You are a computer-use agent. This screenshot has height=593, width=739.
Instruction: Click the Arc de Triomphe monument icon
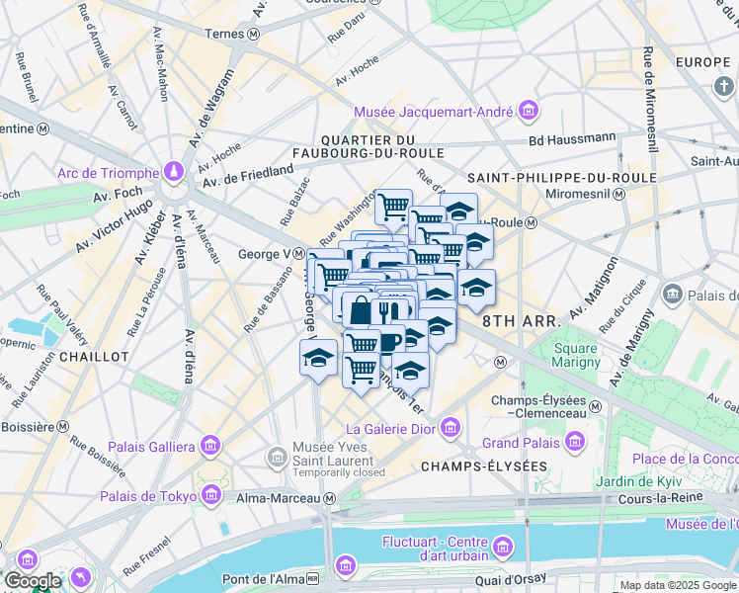pos(174,173)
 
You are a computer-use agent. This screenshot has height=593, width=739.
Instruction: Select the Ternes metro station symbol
pos(254,34)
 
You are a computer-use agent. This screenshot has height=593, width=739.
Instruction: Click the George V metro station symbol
pos(298,254)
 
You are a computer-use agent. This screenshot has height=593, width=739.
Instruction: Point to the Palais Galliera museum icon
pos(209,447)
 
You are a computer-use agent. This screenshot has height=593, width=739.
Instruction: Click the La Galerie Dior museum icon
pos(451,428)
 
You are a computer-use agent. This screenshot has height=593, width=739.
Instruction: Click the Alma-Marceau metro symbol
pos(329,498)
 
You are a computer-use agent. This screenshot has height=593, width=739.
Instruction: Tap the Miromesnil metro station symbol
pos(620,194)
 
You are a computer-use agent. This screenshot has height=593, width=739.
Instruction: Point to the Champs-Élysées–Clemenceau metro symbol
pos(596,406)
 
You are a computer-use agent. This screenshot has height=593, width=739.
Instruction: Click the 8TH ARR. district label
pos(522,322)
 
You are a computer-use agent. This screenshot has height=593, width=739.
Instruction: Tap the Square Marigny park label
pos(576,355)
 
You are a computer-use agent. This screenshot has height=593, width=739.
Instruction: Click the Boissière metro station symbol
pos(62,427)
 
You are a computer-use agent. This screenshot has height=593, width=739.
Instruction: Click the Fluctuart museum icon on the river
pos(503,546)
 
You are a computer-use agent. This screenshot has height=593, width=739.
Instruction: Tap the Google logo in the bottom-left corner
pos(32,581)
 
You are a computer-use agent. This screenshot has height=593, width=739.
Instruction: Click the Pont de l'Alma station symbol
pos(313,578)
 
